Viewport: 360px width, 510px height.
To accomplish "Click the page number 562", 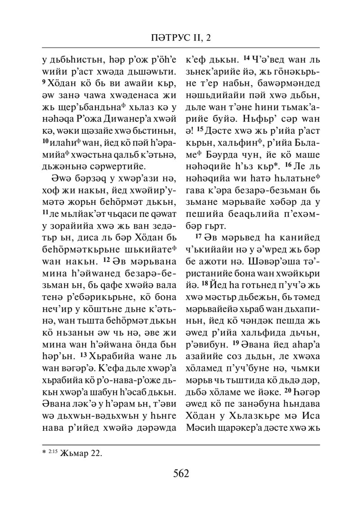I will (180, 473).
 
